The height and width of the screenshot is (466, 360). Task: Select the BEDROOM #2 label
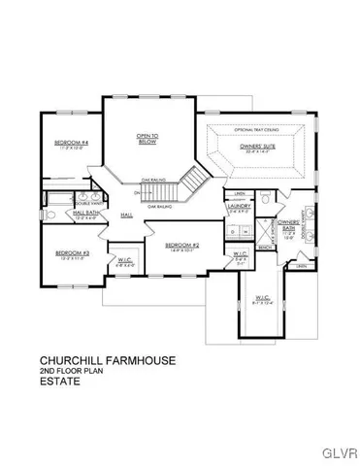tap(181, 245)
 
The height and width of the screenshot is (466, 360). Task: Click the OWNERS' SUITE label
tap(258, 146)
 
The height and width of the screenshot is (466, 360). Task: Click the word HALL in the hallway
tap(127, 216)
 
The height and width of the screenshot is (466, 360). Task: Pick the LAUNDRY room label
tap(239, 207)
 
